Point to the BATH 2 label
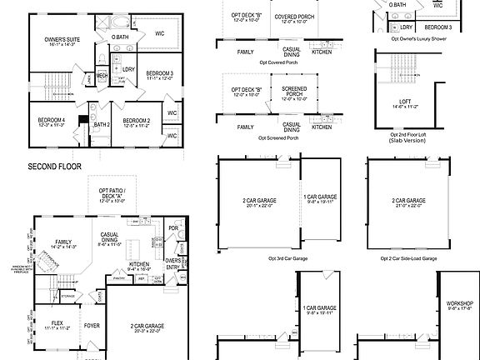coord(102,125)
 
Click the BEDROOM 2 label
coord(136,121)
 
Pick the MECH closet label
coord(102,76)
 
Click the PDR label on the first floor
coord(173,227)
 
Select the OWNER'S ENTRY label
coord(173,264)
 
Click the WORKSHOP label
coord(459,303)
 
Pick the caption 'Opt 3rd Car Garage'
coord(287,258)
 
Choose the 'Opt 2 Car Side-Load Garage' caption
coord(407,258)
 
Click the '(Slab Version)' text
coord(407,141)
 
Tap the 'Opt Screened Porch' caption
coord(277,137)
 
